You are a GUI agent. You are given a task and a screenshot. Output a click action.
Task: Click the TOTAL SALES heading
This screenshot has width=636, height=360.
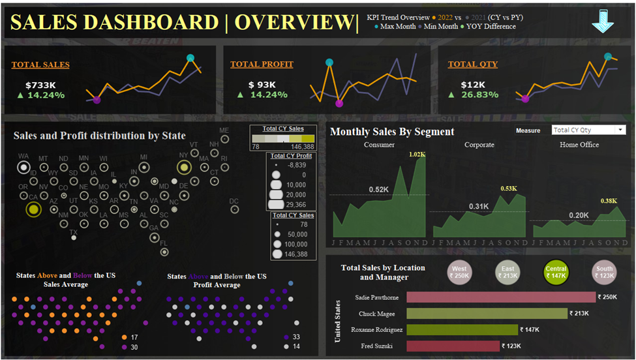(x=40, y=65)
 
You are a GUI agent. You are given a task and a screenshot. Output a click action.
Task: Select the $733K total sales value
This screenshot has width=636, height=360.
(x=40, y=85)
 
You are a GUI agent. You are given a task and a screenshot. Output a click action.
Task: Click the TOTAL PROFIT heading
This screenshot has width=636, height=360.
(x=262, y=65)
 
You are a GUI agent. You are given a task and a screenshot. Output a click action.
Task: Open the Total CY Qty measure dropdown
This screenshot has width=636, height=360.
(x=588, y=130)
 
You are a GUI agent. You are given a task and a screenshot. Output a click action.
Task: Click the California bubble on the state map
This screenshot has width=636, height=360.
(x=33, y=209)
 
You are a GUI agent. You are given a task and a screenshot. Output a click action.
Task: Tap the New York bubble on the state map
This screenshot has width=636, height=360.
(x=184, y=168)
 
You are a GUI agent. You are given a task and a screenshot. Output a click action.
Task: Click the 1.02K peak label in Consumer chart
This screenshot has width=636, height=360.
(x=417, y=155)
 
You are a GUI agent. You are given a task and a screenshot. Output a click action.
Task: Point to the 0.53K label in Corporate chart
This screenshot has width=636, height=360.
(x=508, y=189)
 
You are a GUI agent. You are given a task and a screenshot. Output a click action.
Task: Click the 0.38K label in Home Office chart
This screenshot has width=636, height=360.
(x=608, y=201)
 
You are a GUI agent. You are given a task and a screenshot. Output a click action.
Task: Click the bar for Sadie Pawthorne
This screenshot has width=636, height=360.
(x=500, y=297)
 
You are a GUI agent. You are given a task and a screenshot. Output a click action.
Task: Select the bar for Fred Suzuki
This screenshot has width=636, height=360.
(x=453, y=346)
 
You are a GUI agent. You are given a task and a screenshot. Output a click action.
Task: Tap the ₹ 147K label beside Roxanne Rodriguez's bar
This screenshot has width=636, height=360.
(x=532, y=329)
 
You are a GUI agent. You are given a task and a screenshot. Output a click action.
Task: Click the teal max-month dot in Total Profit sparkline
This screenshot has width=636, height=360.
(x=329, y=63)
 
